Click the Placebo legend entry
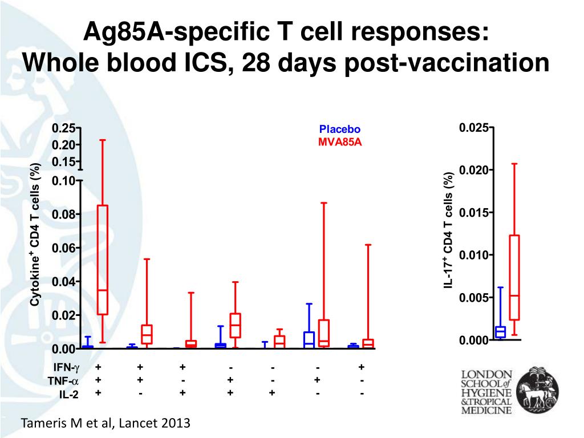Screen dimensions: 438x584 [x=340, y=129]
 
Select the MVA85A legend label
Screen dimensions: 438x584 [x=340, y=141]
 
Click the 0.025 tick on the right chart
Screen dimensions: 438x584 [x=473, y=128]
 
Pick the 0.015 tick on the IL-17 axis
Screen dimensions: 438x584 [x=473, y=213]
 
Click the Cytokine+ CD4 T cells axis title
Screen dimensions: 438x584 [x=35, y=234]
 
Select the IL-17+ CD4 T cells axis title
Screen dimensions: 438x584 [x=449, y=229]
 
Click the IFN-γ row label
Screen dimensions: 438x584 [x=66, y=367]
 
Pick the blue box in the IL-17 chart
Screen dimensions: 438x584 [x=500, y=332]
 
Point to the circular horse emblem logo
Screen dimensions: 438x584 [x=537, y=391]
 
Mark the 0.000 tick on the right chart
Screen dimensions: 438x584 [x=473, y=340]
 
